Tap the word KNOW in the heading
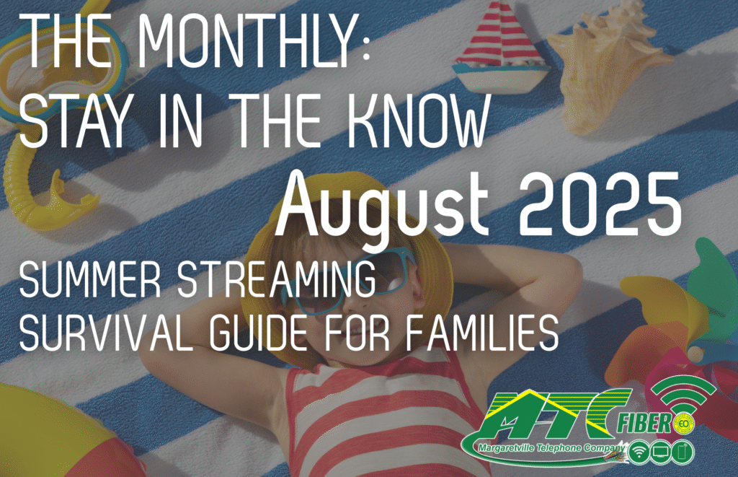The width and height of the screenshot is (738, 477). (417, 121)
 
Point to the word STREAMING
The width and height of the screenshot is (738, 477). (276, 280)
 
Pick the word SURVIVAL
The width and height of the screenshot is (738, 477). (107, 333)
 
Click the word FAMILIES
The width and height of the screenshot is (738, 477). (482, 333)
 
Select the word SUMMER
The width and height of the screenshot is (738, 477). (90, 280)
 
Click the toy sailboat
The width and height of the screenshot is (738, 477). (501, 47)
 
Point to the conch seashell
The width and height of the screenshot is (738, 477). (607, 66)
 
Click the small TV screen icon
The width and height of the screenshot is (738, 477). (662, 452)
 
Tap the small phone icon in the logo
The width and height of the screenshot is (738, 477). (683, 452)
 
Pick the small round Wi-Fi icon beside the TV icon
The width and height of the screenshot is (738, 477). (639, 452)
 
